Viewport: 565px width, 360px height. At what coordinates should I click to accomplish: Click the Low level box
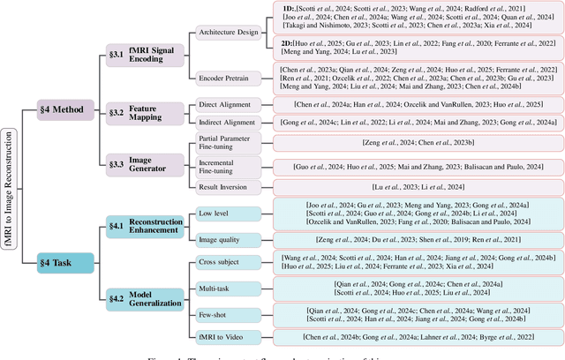point(230,211)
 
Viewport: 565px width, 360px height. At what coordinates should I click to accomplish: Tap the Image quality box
point(230,239)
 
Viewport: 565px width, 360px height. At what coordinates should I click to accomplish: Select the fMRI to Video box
point(230,336)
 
